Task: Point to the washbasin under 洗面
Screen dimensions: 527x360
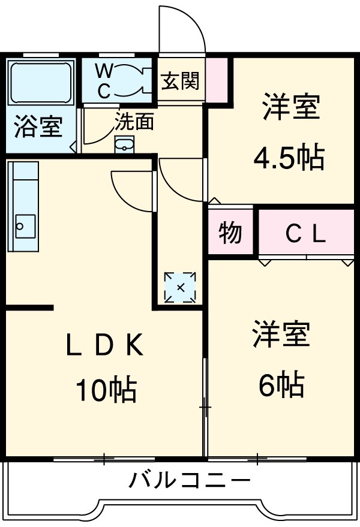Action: (124, 144)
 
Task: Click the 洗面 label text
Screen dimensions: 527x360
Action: (134, 122)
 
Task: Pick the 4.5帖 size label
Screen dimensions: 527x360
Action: (289, 158)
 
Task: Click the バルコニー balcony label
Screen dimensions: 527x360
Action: (189, 480)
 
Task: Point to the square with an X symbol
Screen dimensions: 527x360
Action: (180, 287)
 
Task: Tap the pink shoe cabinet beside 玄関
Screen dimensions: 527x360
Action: (218, 79)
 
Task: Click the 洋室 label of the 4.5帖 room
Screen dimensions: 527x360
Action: (290, 108)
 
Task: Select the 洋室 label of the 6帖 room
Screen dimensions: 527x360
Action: (281, 335)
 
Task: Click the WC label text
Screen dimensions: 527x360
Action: (104, 81)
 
